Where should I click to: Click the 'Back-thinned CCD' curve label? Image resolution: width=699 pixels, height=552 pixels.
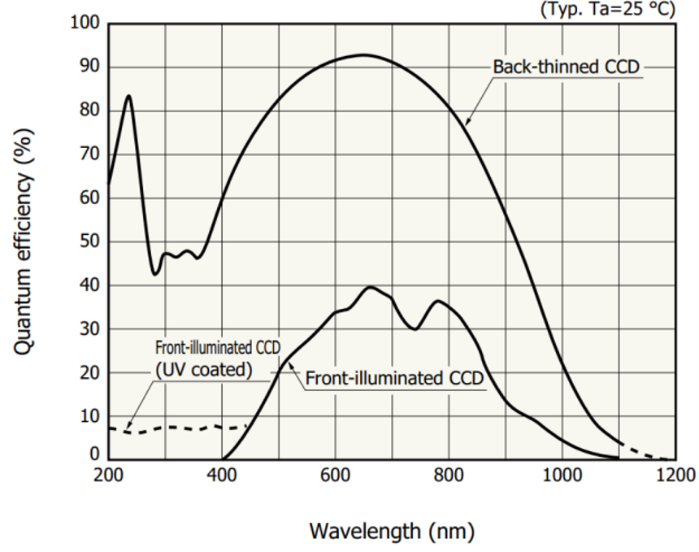point(566,67)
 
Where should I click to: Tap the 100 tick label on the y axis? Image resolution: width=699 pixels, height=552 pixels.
point(85,24)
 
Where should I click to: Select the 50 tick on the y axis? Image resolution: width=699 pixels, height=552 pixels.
point(89,241)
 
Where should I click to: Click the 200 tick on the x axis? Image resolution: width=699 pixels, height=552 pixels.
point(108,475)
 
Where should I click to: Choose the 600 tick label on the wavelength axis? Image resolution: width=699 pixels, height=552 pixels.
point(334,475)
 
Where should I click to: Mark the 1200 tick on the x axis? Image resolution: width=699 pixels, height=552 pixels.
point(674,475)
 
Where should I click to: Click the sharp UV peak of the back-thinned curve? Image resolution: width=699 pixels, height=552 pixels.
point(128,96)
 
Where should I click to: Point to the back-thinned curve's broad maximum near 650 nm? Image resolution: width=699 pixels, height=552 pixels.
point(363,55)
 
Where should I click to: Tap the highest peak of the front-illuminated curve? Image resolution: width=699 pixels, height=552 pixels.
point(371,287)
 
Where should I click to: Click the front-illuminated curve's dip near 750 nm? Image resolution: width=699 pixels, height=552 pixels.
point(415,328)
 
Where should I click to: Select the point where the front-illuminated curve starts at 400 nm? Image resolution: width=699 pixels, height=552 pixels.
point(222,459)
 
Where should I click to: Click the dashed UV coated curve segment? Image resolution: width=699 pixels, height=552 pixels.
point(179,428)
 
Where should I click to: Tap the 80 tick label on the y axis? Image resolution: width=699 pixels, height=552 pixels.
point(89,111)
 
